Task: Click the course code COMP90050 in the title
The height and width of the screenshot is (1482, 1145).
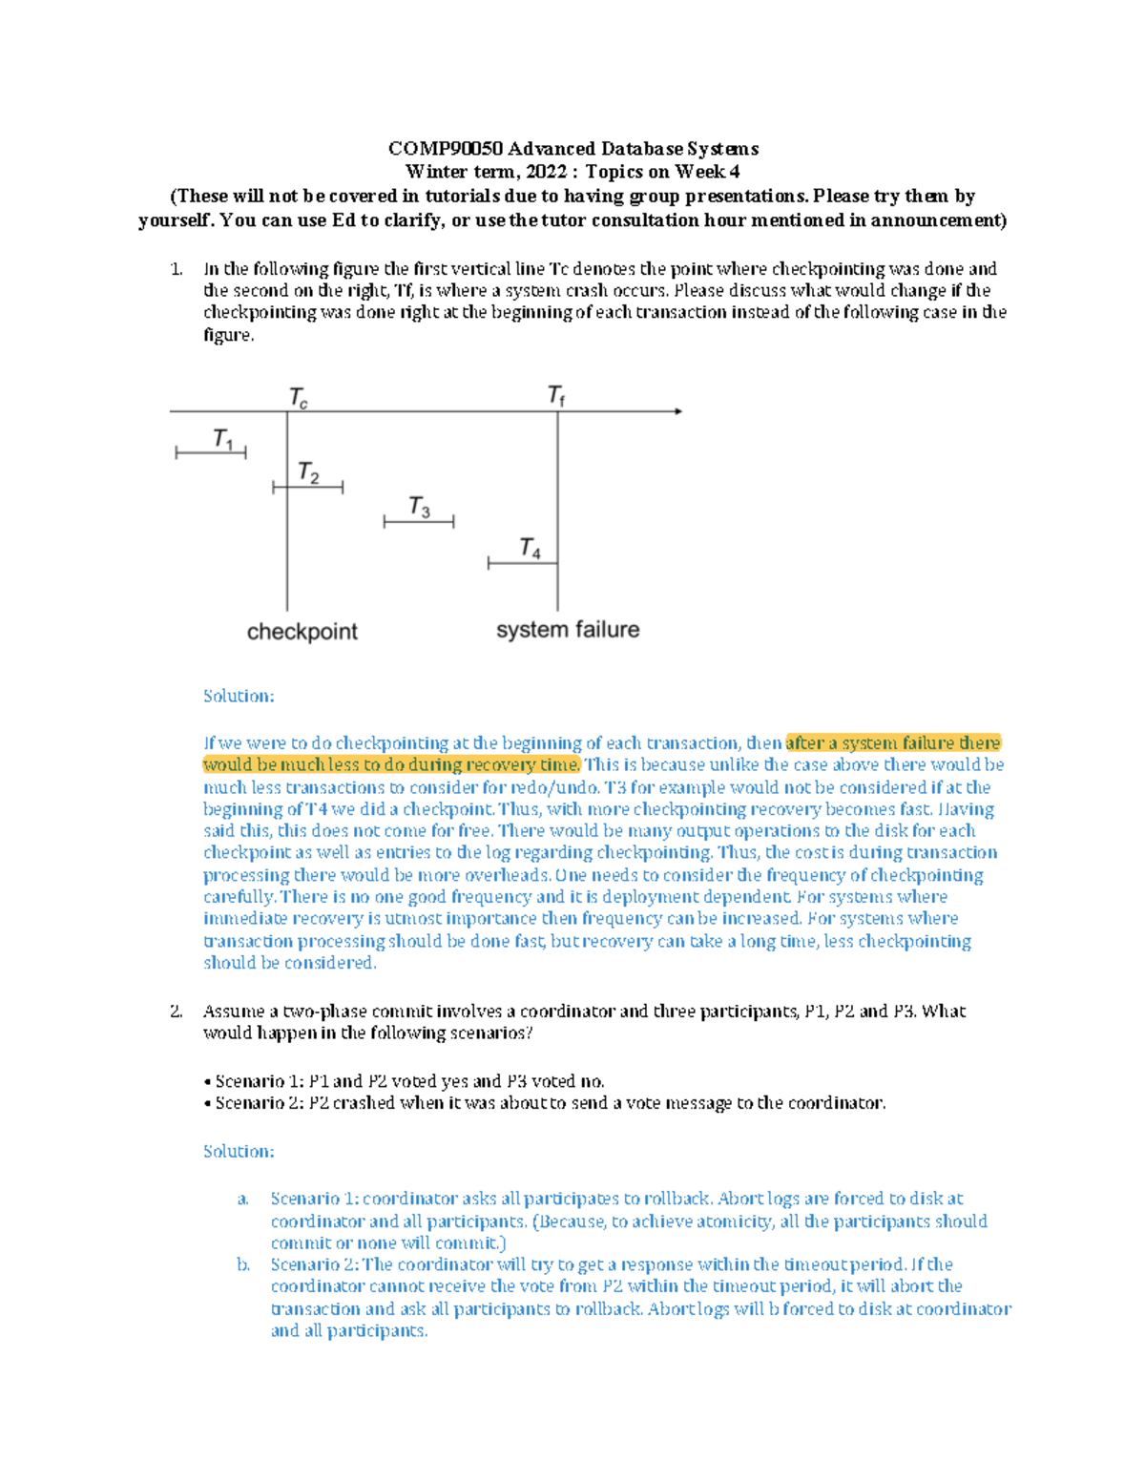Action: tap(446, 149)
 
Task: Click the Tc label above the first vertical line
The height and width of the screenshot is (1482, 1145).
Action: tap(298, 397)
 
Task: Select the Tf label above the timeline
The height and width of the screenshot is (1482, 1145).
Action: tap(556, 395)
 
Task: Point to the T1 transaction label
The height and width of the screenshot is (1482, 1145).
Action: tap(222, 439)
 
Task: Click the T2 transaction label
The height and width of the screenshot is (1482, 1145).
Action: tap(308, 472)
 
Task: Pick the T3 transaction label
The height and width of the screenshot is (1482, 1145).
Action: tap(419, 507)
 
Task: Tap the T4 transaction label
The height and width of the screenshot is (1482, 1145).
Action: tap(530, 548)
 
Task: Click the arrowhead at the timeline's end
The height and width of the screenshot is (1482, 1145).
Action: tap(677, 411)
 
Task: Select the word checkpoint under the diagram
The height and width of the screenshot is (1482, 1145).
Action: tap(302, 632)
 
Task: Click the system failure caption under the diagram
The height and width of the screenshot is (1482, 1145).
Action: tap(568, 630)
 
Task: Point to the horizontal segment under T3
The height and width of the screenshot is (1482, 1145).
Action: tap(418, 522)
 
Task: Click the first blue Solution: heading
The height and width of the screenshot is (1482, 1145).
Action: tap(239, 697)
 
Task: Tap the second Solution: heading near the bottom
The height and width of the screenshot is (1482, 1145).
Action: tap(239, 1152)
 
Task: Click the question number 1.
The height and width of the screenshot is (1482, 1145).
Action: tap(176, 269)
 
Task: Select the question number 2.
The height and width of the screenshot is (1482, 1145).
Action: tap(176, 1012)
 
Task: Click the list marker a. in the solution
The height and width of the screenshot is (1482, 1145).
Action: tap(243, 1199)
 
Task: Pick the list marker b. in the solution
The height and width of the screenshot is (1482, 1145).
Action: tap(243, 1264)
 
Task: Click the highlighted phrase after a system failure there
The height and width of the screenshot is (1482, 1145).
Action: tap(892, 742)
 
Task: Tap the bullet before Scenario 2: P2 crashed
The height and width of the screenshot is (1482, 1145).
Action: tap(207, 1104)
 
